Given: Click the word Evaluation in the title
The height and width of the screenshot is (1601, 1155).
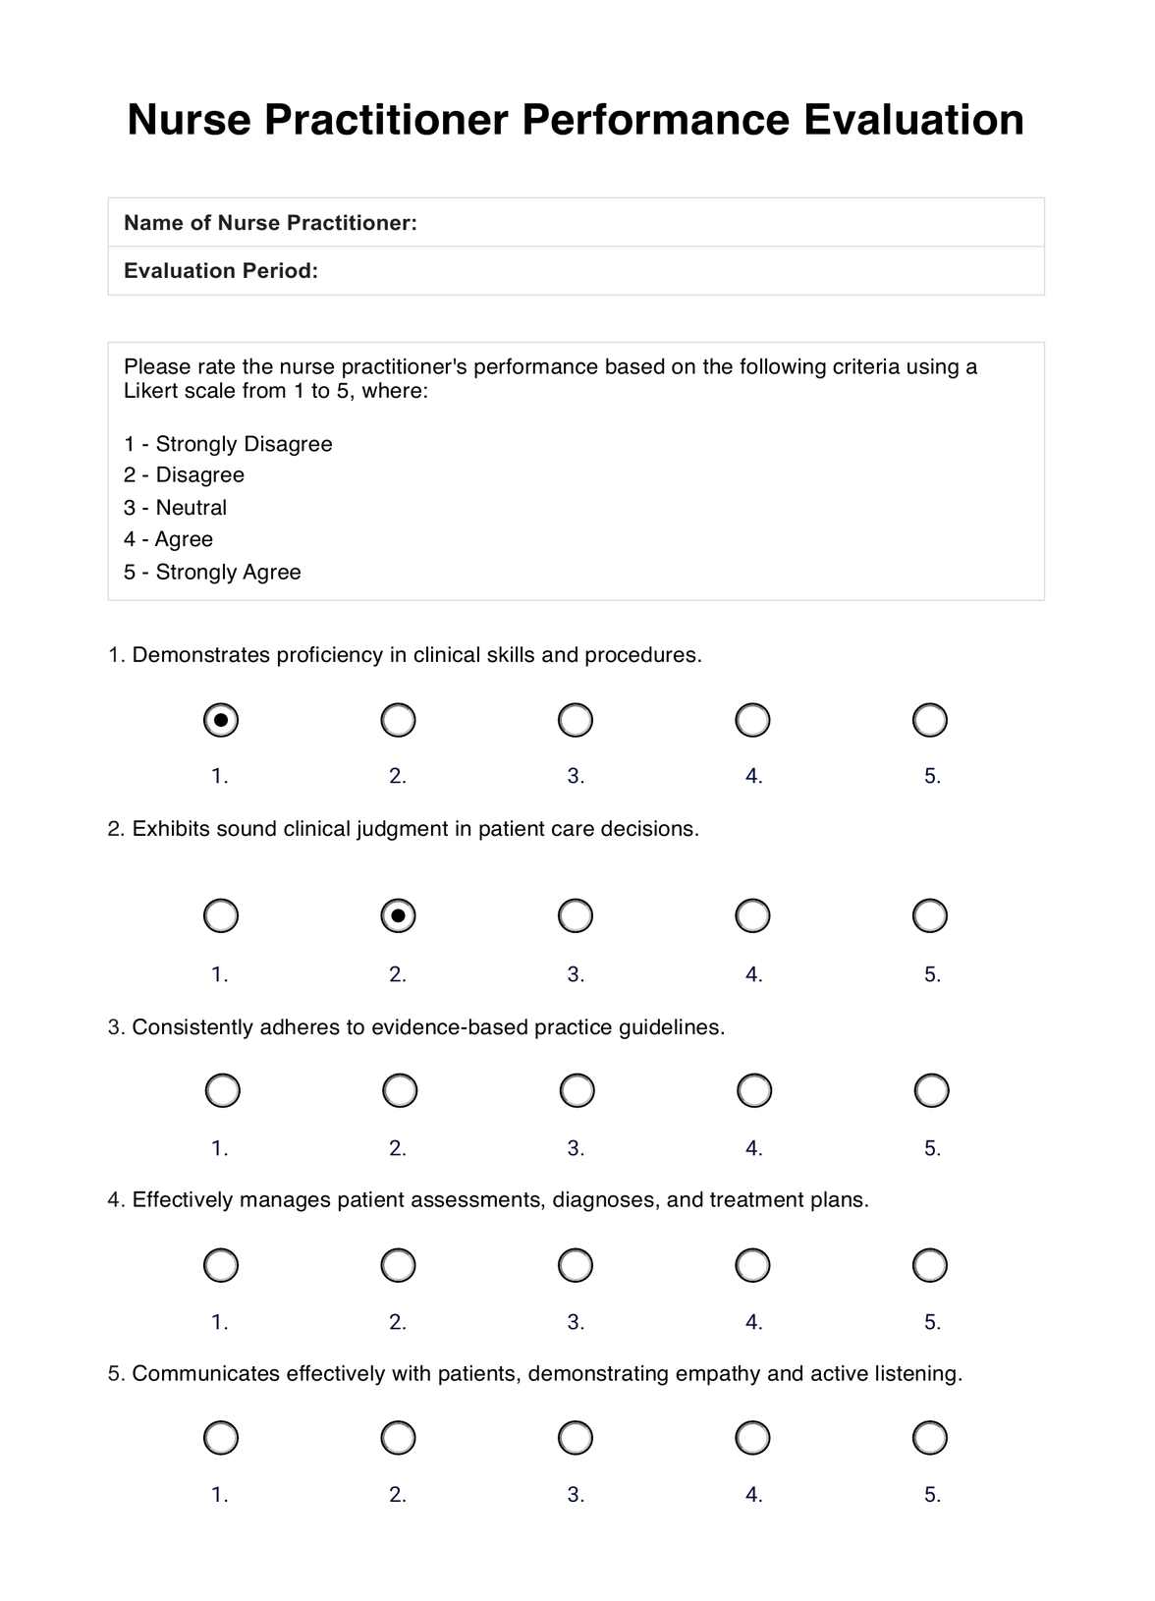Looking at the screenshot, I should tap(913, 120).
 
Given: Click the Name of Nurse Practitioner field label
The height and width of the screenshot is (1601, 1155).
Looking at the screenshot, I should tap(270, 223).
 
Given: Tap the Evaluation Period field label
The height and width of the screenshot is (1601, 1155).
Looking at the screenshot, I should tap(221, 271).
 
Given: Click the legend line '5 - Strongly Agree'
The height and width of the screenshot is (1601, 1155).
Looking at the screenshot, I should tap(212, 572).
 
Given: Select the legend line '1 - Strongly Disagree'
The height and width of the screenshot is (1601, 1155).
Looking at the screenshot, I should tap(228, 444).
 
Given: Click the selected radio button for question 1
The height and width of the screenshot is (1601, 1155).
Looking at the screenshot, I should tap(221, 720).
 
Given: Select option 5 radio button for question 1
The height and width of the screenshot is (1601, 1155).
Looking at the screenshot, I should tap(929, 720).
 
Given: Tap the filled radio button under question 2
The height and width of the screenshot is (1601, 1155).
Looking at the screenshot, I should tap(398, 915).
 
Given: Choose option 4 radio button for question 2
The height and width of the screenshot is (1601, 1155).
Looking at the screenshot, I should tap(752, 915).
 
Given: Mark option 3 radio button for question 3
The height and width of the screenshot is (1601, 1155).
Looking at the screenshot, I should tap(577, 1090).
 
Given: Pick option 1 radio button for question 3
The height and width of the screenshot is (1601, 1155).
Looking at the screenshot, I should tap(222, 1090).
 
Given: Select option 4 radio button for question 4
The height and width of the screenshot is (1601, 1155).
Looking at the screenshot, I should tap(752, 1265).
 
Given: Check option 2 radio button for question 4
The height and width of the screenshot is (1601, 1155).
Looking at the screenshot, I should tap(398, 1265).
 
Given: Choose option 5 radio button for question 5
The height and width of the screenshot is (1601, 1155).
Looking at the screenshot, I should tap(929, 1438).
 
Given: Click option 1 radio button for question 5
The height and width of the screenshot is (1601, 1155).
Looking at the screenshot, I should tap(221, 1438).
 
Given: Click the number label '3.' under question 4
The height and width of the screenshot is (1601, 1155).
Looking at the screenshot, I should tap(576, 1322).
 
